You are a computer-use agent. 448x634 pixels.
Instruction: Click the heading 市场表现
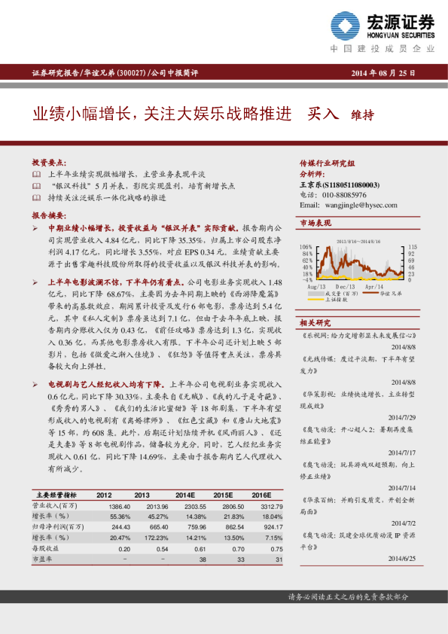click(315, 224)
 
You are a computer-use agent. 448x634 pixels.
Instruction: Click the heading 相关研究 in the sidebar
click(315, 322)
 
